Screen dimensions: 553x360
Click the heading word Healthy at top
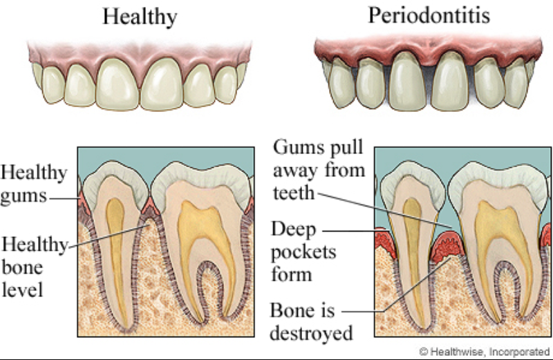[140, 17]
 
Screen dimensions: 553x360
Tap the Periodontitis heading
[429, 15]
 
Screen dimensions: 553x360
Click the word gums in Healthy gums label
[24, 197]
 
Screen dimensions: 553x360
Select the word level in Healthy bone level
[22, 290]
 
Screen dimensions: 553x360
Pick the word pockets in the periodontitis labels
[303, 252]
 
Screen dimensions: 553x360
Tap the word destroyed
[311, 332]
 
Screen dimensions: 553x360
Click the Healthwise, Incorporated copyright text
[485, 352]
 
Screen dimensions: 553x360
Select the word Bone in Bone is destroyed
[292, 311]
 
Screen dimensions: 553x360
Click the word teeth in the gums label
[293, 193]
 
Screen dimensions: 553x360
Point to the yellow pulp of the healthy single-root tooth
[116, 247]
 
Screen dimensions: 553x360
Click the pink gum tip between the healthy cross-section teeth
[150, 206]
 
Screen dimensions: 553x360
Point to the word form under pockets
[291, 274]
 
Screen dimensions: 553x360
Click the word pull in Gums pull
[344, 148]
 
